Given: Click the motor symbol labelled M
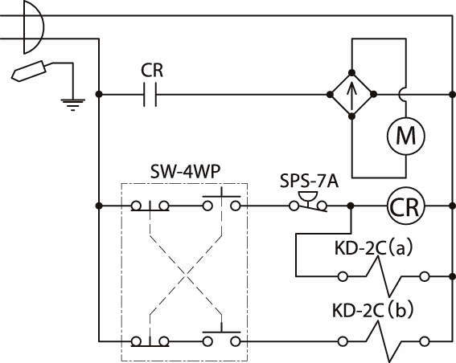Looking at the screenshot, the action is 405,136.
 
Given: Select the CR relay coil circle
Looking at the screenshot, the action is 405,206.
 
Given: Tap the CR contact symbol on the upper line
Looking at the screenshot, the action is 150,95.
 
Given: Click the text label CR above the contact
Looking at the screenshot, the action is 152,71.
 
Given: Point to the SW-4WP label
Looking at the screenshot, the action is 185,172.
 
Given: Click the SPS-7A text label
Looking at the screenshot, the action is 309,181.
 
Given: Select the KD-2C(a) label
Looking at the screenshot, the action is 373,248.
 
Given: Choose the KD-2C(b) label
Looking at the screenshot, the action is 372,311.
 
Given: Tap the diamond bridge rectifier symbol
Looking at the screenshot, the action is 352,95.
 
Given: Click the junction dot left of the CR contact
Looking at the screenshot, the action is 99,94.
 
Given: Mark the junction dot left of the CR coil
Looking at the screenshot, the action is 351,206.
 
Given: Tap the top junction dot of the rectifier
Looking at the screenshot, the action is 352,72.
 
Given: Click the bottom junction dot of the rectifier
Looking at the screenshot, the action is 352,116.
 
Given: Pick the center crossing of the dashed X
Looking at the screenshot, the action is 186,275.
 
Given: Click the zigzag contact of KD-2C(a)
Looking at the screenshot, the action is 384,277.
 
